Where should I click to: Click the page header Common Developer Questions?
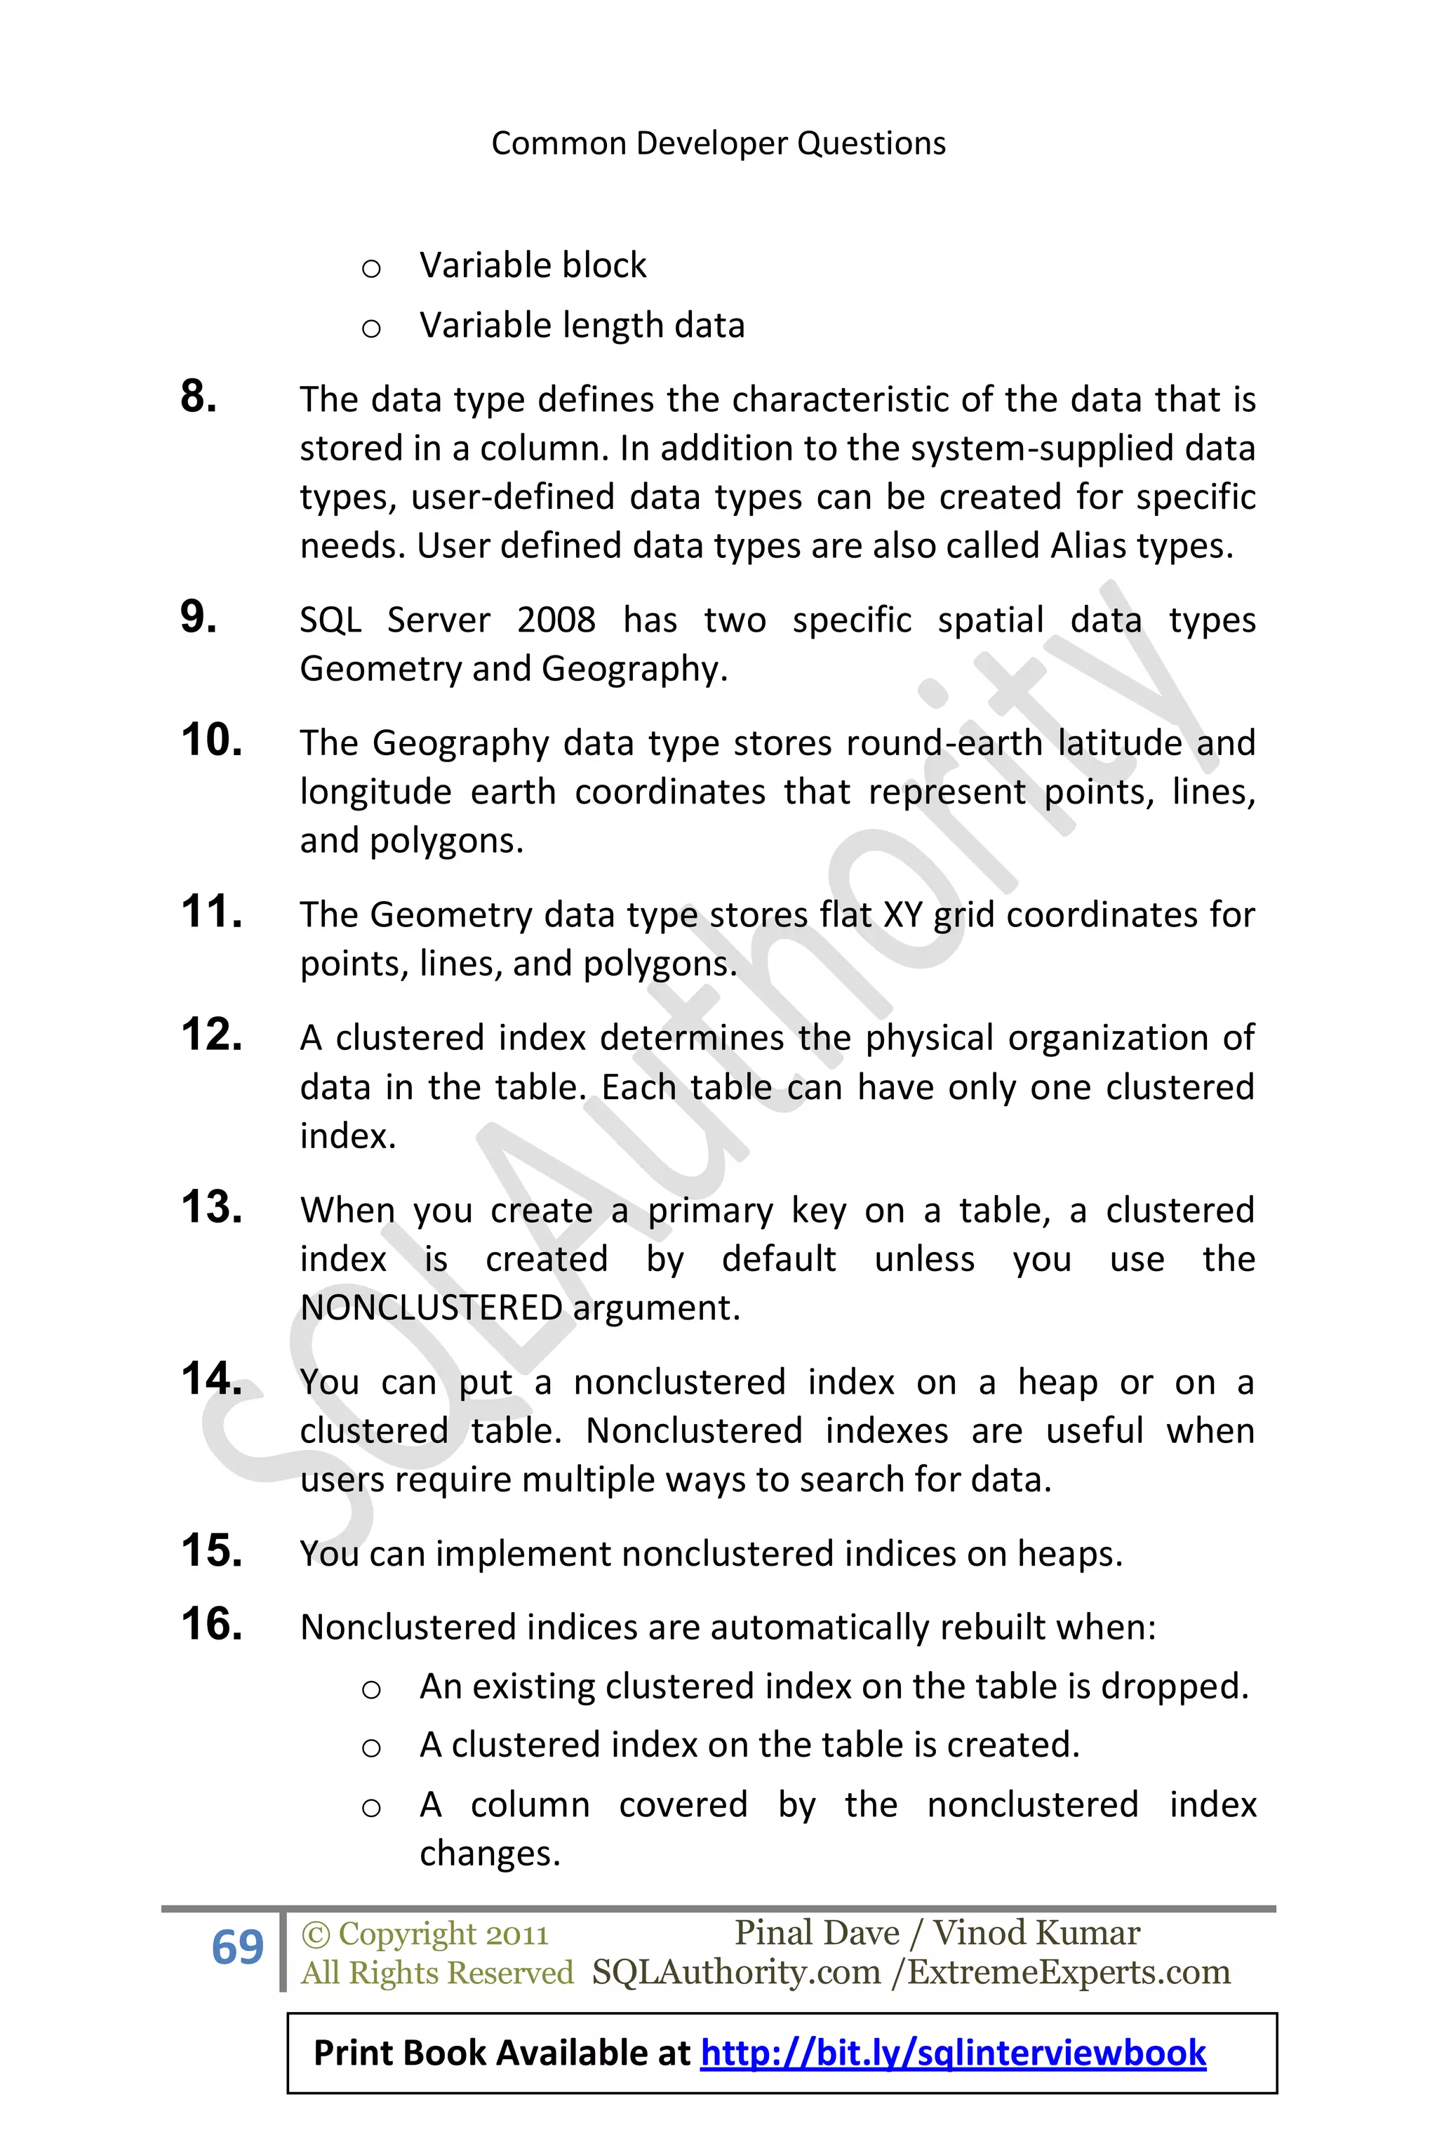pos(718,144)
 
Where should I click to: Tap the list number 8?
pos(199,397)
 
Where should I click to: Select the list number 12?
pos(212,1035)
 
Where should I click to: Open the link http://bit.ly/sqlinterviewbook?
pos(953,2054)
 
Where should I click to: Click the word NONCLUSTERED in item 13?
pos(431,1308)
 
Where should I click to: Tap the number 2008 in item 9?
pos(556,620)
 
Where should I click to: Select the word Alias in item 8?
pos(1088,546)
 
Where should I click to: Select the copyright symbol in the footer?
pos(315,1934)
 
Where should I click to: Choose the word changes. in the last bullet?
pos(489,1854)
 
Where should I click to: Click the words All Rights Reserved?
pos(437,1973)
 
